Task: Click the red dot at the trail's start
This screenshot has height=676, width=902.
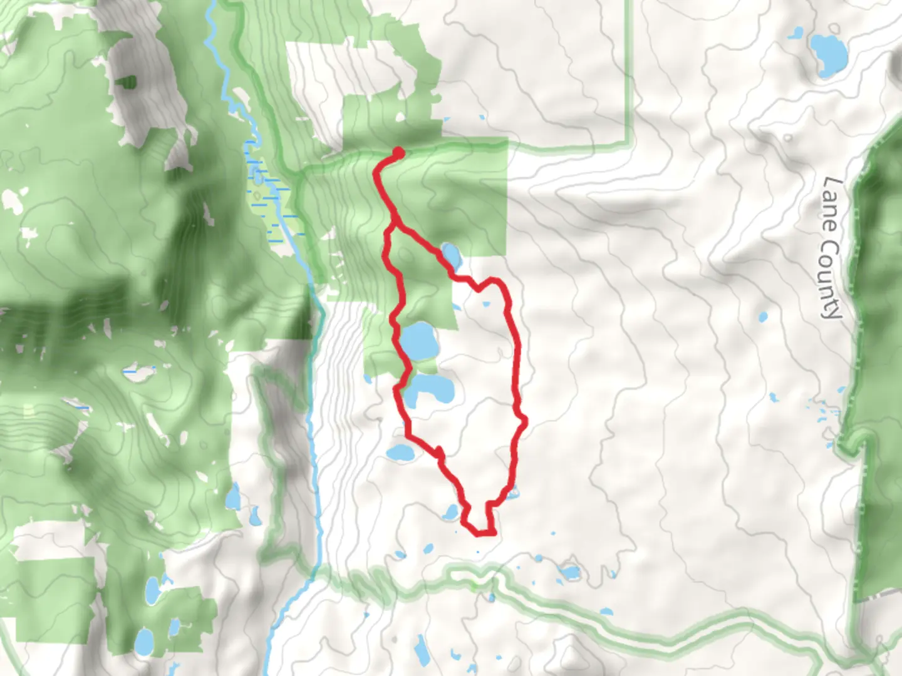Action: tap(398, 151)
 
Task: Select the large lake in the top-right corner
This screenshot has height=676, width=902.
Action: tap(827, 53)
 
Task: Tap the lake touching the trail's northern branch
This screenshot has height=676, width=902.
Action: tap(451, 253)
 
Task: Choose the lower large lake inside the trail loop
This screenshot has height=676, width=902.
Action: tap(428, 390)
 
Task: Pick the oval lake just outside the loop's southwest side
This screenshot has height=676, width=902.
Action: tap(400, 453)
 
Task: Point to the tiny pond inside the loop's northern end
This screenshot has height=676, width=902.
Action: tap(486, 304)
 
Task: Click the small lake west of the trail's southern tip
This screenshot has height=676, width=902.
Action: tap(451, 513)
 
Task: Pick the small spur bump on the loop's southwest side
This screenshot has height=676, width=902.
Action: tap(439, 451)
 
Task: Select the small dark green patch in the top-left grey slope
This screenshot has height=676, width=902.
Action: tap(129, 82)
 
